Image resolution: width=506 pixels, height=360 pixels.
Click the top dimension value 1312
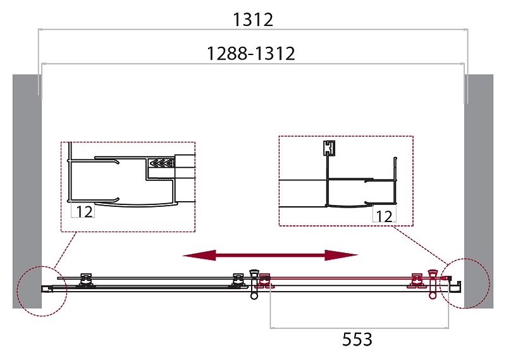coord(252,20)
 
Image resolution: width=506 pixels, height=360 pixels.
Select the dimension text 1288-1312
coord(252,54)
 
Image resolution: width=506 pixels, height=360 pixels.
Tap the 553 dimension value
coord(358,339)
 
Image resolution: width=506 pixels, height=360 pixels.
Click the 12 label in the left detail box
coord(84,212)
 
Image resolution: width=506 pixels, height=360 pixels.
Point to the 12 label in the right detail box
coord(383,216)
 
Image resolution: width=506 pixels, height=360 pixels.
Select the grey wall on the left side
coord(27,190)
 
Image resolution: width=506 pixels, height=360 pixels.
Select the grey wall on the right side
coord(479,190)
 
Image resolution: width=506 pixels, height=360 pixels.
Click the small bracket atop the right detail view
coord(328,147)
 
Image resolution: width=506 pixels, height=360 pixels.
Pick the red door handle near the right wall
coord(433,283)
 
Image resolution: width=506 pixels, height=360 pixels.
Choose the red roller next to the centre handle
coord(265,280)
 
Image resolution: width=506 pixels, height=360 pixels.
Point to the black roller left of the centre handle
coord(238,280)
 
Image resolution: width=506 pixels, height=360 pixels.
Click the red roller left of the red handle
coord(417,280)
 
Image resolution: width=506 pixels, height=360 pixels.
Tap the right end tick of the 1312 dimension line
coord(467,29)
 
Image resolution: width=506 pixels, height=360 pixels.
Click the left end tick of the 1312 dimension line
coord(39,29)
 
